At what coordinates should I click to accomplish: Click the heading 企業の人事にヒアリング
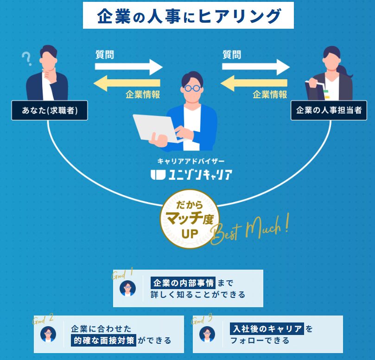click(x=188, y=16)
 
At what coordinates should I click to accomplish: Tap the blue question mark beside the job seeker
click(x=26, y=59)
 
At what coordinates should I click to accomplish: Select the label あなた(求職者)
click(x=50, y=111)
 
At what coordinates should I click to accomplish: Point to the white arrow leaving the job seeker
click(x=128, y=67)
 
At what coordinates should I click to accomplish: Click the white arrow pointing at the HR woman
click(x=255, y=67)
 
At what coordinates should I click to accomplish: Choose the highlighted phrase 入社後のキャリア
click(x=267, y=329)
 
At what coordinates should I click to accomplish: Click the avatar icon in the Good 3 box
click(x=207, y=334)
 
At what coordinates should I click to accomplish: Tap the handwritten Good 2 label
click(x=43, y=320)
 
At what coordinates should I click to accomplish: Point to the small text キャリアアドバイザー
click(x=191, y=161)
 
